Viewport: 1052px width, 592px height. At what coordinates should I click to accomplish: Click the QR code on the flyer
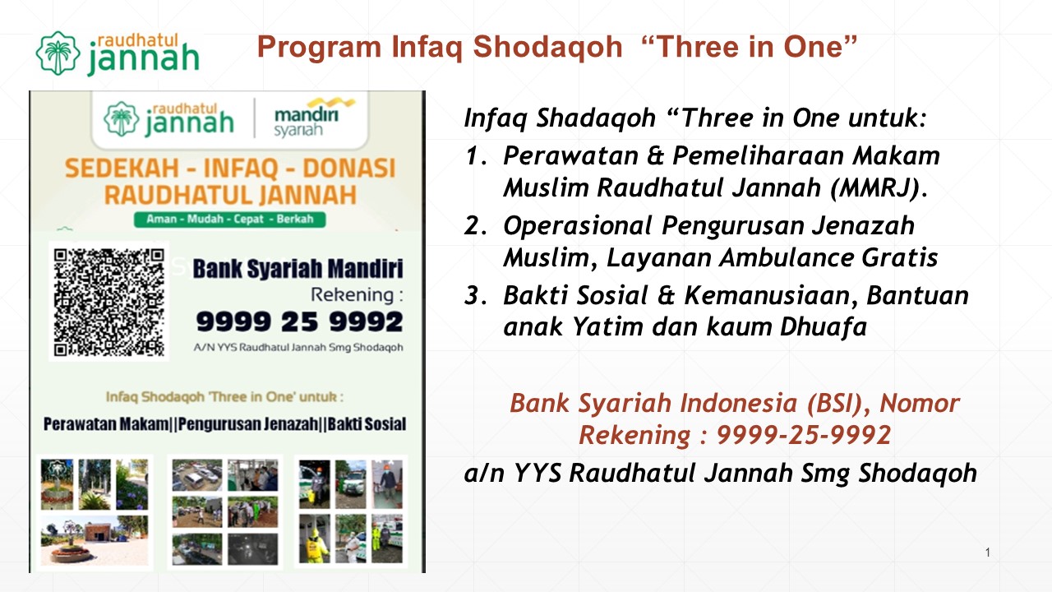click(109, 302)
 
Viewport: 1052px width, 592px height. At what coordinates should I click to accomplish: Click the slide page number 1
click(988, 552)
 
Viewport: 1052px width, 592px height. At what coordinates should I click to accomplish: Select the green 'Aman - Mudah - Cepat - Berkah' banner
click(229, 219)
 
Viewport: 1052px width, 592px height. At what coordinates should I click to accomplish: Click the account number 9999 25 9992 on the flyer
click(300, 321)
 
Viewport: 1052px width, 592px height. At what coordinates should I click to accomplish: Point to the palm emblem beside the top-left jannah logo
click(58, 53)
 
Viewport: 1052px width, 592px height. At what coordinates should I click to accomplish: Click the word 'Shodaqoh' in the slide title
click(547, 48)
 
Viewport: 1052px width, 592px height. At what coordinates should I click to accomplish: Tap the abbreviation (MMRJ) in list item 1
click(879, 188)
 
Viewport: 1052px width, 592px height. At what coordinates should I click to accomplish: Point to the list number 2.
click(476, 225)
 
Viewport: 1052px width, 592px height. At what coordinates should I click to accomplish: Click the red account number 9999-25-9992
click(804, 435)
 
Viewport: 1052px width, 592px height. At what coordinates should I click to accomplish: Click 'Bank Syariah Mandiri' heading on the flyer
click(298, 269)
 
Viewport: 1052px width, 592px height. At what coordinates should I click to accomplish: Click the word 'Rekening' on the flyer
click(353, 294)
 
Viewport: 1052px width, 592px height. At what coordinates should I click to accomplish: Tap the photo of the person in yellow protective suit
click(315, 539)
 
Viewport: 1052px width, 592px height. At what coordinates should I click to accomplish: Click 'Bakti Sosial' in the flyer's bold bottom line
click(367, 424)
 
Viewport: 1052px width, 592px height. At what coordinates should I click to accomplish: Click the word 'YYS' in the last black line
click(538, 473)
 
